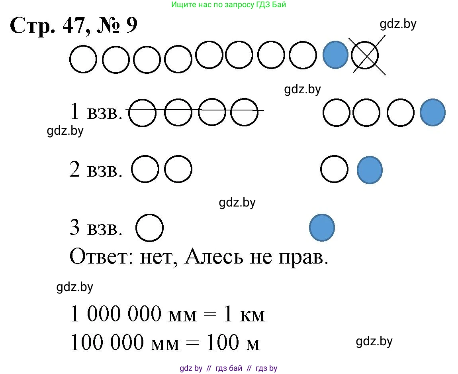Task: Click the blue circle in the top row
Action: (335, 55)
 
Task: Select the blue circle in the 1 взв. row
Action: (433, 112)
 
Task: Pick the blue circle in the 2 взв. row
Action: (370, 170)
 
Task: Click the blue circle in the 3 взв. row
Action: (322, 228)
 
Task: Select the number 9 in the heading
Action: (131, 25)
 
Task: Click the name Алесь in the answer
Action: (213, 256)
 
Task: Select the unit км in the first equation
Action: (252, 315)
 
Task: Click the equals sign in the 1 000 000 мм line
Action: (210, 315)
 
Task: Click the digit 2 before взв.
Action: (75, 169)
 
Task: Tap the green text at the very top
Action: (229, 5)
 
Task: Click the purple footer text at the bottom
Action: (229, 368)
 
